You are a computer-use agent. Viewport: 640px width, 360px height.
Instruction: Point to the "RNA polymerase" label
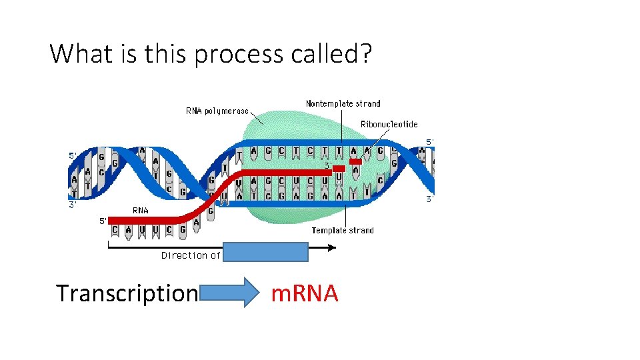coord(217,111)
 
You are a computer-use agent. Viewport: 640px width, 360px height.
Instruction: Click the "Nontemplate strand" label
coord(343,103)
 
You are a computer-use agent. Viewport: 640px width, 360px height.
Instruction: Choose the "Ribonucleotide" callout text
coord(389,124)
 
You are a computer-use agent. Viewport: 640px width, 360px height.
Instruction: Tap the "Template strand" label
coord(343,231)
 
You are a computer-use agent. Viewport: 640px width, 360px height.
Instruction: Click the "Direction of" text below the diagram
coord(191,255)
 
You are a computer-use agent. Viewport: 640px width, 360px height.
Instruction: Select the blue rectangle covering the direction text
coord(265,252)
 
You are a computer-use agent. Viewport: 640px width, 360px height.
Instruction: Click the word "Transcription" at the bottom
coord(127,293)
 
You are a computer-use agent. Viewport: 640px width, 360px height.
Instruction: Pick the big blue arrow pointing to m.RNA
coord(231,293)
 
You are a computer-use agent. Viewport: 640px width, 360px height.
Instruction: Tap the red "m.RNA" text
coord(305,293)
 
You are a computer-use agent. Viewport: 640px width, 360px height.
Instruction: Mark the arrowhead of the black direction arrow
coord(333,247)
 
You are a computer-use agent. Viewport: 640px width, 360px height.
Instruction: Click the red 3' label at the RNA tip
coord(328,165)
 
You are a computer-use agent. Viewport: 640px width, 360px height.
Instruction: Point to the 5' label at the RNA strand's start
coord(103,221)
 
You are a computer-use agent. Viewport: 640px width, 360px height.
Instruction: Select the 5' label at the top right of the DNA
coord(430,141)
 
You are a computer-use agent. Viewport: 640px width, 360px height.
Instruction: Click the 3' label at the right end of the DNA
coord(430,199)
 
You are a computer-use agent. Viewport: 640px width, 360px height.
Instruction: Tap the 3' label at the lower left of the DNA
coord(73,205)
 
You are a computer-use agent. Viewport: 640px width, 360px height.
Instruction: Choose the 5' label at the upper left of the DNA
coord(73,155)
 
